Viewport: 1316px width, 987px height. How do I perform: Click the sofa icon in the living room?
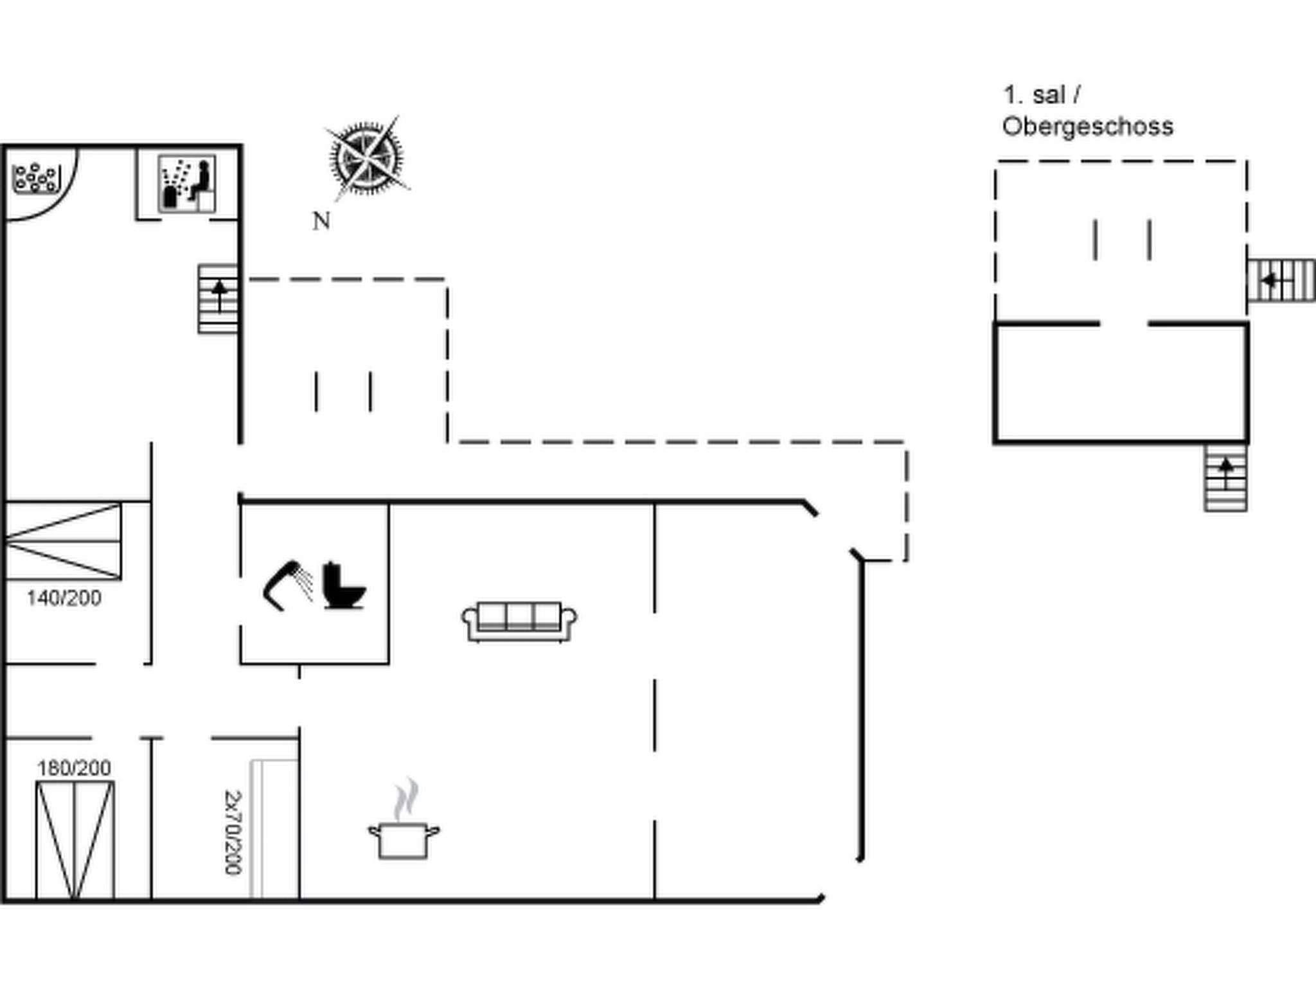click(x=519, y=621)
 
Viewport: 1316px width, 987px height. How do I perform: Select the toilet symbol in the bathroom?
click(x=344, y=585)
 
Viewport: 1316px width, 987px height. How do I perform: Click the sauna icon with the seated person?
click(x=187, y=184)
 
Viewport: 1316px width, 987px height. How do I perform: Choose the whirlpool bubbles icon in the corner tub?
click(x=37, y=178)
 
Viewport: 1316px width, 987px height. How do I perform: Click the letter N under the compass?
click(x=321, y=221)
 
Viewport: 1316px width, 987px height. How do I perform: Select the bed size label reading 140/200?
click(x=64, y=598)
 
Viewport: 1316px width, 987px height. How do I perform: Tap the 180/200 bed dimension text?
click(x=74, y=768)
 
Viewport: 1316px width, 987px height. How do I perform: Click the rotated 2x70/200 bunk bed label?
click(x=233, y=832)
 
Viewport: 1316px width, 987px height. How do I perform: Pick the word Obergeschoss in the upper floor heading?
click(x=1088, y=127)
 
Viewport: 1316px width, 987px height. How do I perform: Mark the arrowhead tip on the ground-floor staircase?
click(x=220, y=281)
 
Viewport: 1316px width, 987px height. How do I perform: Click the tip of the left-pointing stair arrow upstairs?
click(x=1261, y=280)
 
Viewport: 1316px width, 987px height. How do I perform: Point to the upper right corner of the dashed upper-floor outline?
click(x=1247, y=161)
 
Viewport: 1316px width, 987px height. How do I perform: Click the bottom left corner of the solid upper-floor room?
click(x=995, y=442)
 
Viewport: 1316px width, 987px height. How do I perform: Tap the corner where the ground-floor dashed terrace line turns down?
click(x=447, y=280)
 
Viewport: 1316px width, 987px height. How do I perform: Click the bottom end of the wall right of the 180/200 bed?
click(x=152, y=898)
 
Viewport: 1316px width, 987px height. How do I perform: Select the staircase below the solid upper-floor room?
click(x=1226, y=478)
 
